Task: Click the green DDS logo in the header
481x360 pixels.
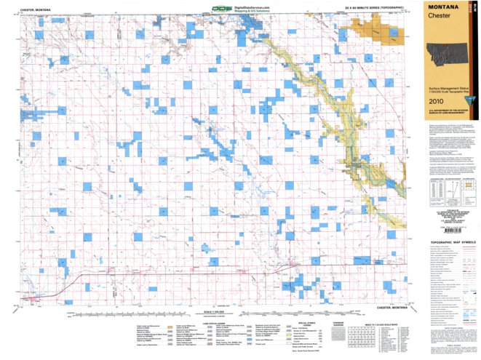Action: [x=220, y=9]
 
